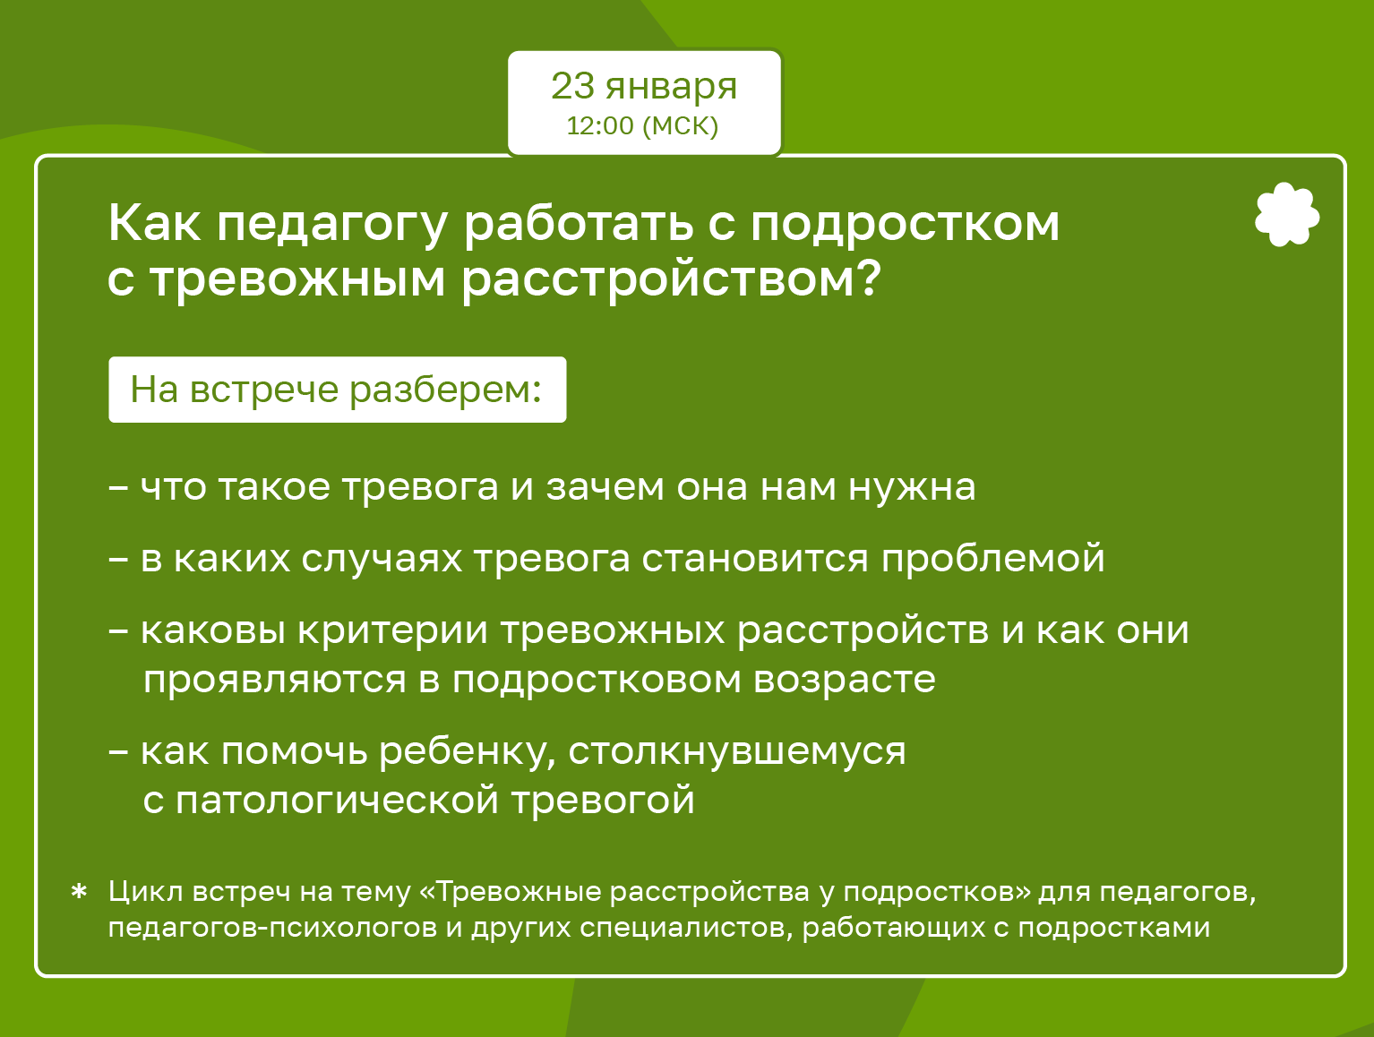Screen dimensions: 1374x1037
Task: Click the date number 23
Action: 572,86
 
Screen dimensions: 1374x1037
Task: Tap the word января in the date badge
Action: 672,89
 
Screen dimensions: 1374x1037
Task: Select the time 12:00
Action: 600,125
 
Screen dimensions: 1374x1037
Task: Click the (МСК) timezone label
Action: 681,126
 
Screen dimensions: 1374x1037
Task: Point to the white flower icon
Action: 1287,214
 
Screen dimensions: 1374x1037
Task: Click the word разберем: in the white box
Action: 445,390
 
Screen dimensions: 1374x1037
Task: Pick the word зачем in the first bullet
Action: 605,487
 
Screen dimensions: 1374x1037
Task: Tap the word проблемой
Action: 992,559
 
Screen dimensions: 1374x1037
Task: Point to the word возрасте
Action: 845,681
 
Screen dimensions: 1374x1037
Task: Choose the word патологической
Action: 338,801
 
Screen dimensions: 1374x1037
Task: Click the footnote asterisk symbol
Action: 79,891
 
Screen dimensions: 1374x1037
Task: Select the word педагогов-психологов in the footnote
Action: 273,928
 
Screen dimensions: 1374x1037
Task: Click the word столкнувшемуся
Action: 737,752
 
